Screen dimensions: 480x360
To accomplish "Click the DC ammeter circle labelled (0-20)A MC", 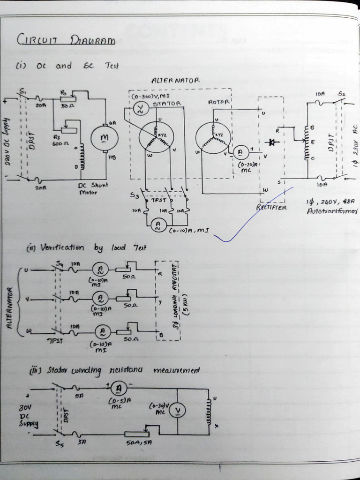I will tap(241, 152).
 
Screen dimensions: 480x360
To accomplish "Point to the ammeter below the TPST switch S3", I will tap(158, 226).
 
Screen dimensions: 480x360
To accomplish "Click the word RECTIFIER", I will tap(271, 207).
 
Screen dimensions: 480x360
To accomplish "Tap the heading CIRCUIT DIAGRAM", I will tap(66, 40).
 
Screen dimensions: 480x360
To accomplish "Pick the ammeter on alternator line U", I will tap(100, 269).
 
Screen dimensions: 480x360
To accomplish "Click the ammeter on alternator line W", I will tap(102, 332).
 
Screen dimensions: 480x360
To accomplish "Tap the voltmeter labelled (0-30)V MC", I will tap(178, 411).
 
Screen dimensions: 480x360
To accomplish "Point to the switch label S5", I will tap(59, 443).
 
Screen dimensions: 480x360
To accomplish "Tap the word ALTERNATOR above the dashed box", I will tap(175, 81).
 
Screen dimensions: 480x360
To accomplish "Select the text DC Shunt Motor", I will tap(92, 188).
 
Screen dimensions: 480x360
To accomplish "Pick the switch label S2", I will tap(341, 94).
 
